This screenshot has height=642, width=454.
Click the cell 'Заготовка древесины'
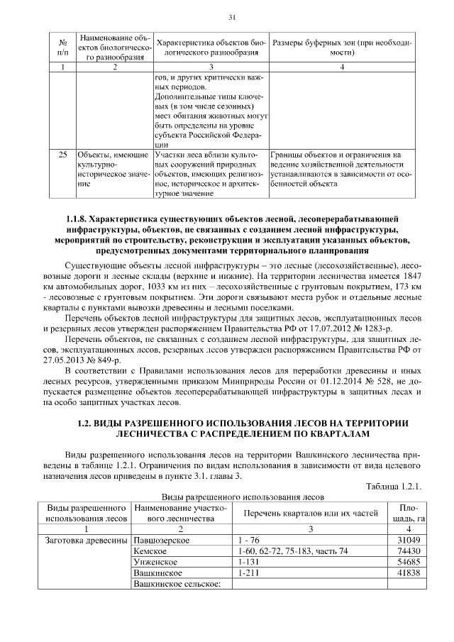(85, 541)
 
